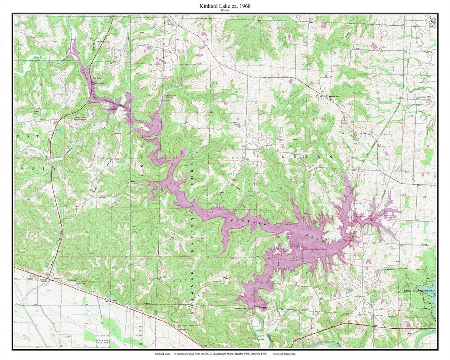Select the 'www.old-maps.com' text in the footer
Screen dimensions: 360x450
click(284, 354)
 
